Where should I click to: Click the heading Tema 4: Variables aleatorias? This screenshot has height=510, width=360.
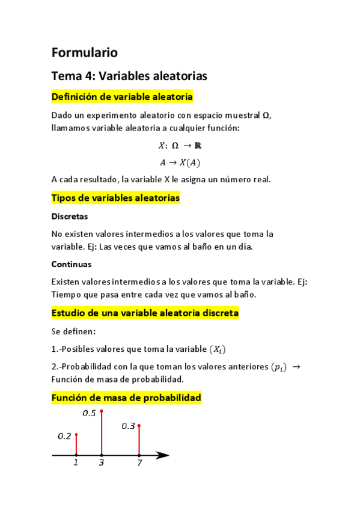129,76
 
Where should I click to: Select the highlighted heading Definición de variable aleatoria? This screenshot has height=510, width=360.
123,96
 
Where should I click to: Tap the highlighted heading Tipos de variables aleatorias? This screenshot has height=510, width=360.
115,198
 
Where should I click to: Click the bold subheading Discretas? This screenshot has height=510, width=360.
70,216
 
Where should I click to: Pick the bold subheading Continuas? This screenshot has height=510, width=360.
71,264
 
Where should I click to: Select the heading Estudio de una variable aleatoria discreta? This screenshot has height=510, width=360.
145,313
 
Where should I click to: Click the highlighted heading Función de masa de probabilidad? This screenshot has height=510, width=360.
126,398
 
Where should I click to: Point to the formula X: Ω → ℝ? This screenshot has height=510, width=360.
180,146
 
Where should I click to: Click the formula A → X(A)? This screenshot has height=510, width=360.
180,162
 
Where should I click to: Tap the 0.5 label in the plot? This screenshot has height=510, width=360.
89,413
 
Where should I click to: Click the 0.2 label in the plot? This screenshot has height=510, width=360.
64,436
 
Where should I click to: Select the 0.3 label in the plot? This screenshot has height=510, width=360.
128,426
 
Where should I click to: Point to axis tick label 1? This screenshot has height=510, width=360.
76,463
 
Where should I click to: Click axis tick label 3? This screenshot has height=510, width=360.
102,463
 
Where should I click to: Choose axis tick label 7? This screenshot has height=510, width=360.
139,463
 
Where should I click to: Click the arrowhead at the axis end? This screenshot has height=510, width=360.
162,455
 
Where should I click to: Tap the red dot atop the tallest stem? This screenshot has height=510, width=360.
102,411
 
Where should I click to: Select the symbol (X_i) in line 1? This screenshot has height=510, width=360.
219,349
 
